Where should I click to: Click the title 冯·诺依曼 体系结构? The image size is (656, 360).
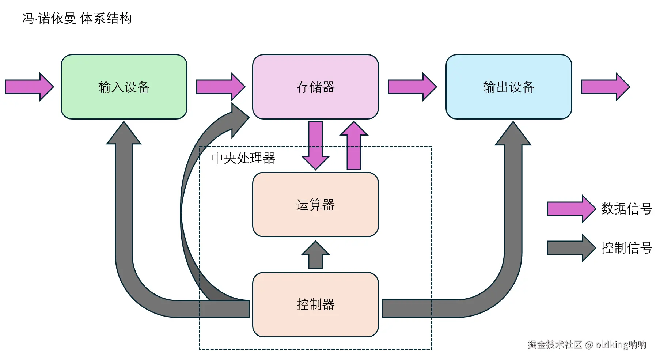(77, 18)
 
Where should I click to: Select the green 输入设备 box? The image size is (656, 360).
(124, 87)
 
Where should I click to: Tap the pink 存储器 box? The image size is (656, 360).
(315, 87)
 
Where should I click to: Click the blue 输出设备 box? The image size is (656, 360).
(508, 87)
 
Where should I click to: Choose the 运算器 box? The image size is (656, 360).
(315, 205)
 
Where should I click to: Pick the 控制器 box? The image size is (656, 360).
(315, 304)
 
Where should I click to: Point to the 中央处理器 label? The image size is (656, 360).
(243, 158)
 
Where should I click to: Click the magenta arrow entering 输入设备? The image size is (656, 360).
(29, 87)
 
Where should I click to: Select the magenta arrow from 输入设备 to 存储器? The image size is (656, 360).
(220, 87)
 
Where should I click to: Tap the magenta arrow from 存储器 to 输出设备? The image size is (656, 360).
(412, 87)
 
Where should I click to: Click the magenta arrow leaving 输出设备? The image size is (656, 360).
(605, 87)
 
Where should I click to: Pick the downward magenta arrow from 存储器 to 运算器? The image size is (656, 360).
(315, 146)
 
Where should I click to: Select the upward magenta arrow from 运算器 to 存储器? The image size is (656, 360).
(354, 146)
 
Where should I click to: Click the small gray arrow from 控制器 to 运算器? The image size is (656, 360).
(315, 255)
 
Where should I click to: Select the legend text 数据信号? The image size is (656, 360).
(626, 209)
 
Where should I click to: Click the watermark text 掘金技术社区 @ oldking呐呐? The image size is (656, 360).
(587, 344)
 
